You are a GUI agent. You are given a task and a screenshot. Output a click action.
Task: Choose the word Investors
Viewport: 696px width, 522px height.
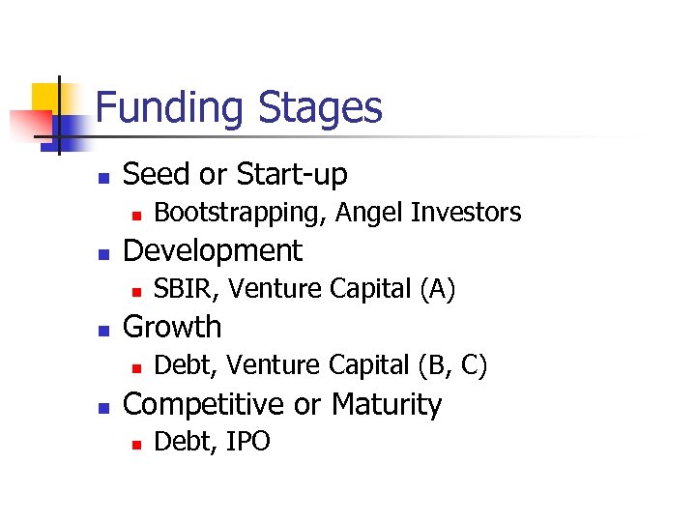click(x=466, y=212)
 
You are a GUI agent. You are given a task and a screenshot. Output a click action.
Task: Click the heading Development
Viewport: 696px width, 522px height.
click(x=213, y=251)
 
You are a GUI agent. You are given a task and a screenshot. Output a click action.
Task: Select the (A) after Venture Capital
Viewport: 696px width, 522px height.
click(x=436, y=289)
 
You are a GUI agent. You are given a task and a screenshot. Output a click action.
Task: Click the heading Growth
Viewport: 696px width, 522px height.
click(x=172, y=328)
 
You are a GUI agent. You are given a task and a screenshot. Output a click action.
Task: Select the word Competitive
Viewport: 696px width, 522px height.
click(x=205, y=404)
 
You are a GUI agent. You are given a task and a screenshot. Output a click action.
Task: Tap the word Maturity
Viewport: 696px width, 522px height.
click(x=386, y=404)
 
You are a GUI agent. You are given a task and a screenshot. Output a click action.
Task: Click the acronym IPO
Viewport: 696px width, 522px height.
click(x=248, y=442)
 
